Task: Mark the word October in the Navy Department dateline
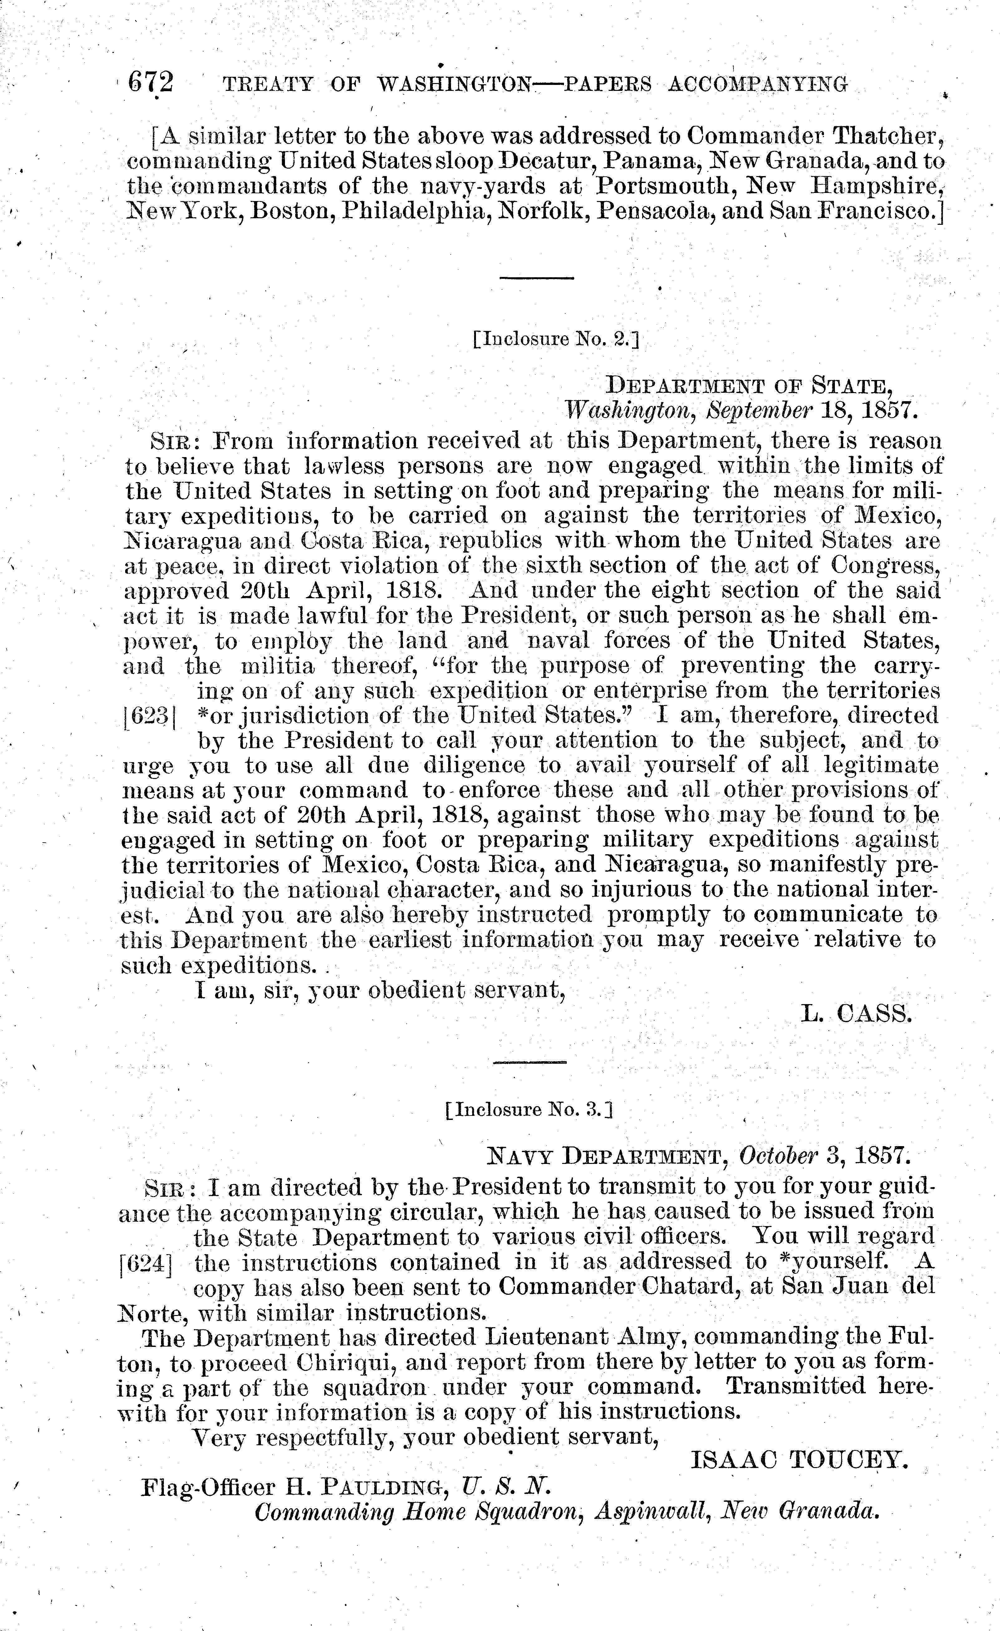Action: tap(778, 1156)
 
